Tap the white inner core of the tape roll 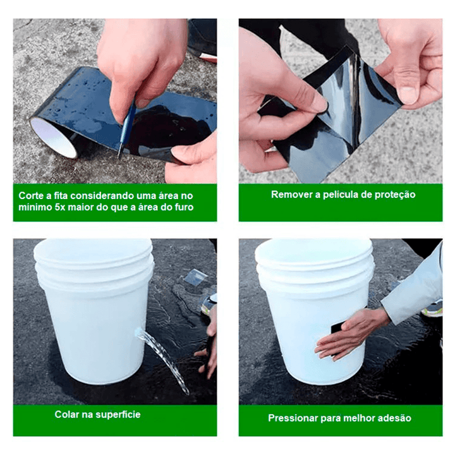[53, 138]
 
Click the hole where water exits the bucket [138, 332]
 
